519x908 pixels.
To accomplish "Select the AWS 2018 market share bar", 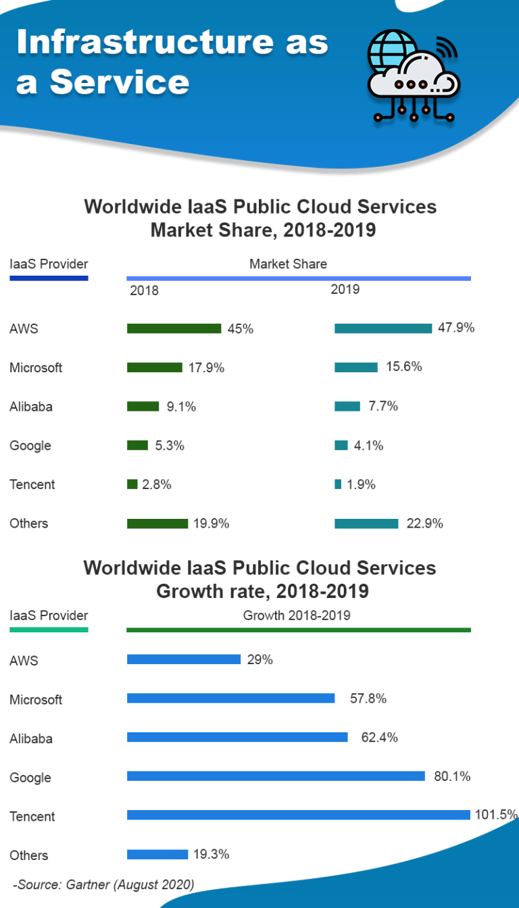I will pyautogui.click(x=174, y=328).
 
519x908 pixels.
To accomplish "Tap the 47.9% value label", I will pyautogui.click(x=456, y=328).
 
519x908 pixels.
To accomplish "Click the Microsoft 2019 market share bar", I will pyautogui.click(x=356, y=367).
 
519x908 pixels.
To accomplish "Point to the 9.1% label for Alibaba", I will pyautogui.click(x=181, y=406).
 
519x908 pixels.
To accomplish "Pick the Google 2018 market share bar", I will pyautogui.click(x=137, y=445).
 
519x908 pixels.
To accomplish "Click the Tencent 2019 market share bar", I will pyautogui.click(x=338, y=484).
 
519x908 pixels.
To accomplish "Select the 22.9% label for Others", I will pyautogui.click(x=424, y=523).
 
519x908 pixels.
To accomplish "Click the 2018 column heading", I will pyautogui.click(x=144, y=291).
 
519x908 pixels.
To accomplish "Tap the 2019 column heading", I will pyautogui.click(x=345, y=289).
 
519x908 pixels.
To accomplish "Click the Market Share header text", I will pyautogui.click(x=288, y=264).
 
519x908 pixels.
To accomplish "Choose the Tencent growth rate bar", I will pyautogui.click(x=298, y=815).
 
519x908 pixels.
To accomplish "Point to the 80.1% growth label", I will pyautogui.click(x=452, y=776).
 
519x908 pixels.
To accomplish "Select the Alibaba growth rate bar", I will pyautogui.click(x=237, y=737).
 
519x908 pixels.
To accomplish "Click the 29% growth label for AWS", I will pyautogui.click(x=259, y=659).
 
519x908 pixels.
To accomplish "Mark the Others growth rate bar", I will pyautogui.click(x=157, y=855).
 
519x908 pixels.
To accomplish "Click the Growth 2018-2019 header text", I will pyautogui.click(x=296, y=615).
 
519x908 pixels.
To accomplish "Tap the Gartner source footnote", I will pyautogui.click(x=103, y=884).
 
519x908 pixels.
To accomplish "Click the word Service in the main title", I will pyautogui.click(x=120, y=82).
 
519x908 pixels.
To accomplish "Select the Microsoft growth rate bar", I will pyautogui.click(x=230, y=698).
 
